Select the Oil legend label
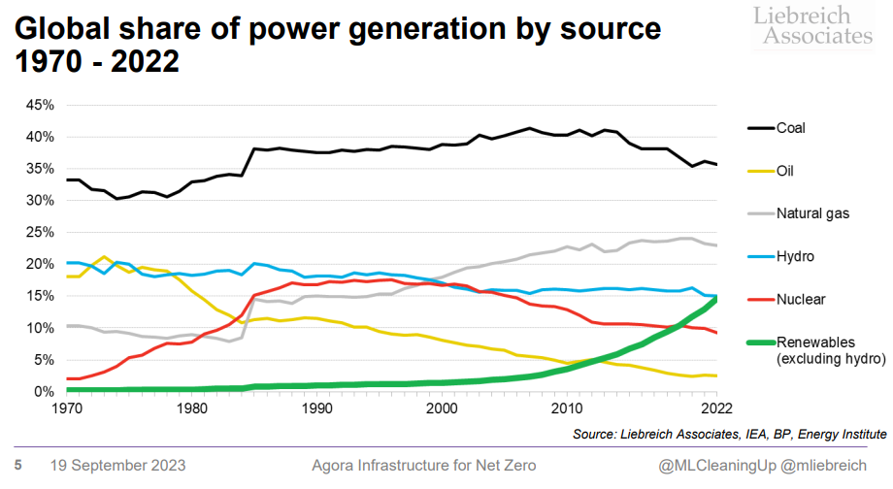click(784, 172)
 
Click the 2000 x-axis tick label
click(442, 408)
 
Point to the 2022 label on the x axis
click(716, 408)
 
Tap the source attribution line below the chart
click(729, 433)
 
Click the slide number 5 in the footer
click(17, 465)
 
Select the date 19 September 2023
click(117, 465)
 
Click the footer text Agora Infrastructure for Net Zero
click(423, 465)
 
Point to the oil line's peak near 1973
click(104, 257)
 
